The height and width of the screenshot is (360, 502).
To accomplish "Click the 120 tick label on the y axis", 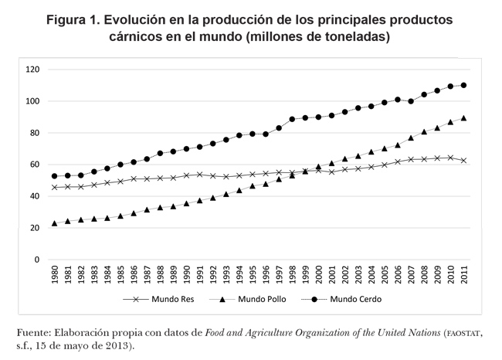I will [x=32, y=70].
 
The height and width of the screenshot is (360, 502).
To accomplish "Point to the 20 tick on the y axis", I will [x=34, y=228].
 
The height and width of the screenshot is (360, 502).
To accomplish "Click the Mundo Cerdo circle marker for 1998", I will [x=292, y=119].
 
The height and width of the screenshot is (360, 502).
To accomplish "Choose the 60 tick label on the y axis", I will [x=34, y=165].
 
